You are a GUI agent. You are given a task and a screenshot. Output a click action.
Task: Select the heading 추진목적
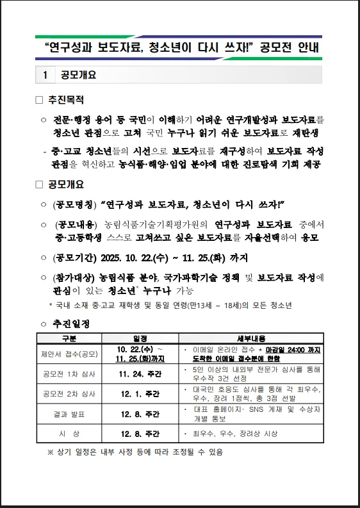tap(66, 100)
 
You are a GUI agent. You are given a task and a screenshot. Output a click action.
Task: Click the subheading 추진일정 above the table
tap(70, 324)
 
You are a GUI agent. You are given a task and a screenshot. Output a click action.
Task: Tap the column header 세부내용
tap(251, 338)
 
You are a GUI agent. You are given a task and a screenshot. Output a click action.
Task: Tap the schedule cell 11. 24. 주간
tap(140, 374)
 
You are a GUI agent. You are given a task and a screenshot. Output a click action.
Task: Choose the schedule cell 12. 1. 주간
tap(140, 393)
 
